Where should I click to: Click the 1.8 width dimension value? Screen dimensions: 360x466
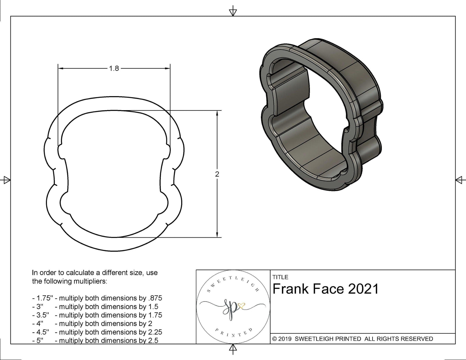[114, 68]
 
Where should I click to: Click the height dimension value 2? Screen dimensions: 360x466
[217, 174]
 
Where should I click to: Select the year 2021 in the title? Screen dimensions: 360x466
[363, 289]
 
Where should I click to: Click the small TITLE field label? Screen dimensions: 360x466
[280, 277]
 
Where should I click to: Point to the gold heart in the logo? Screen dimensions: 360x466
[241, 306]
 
